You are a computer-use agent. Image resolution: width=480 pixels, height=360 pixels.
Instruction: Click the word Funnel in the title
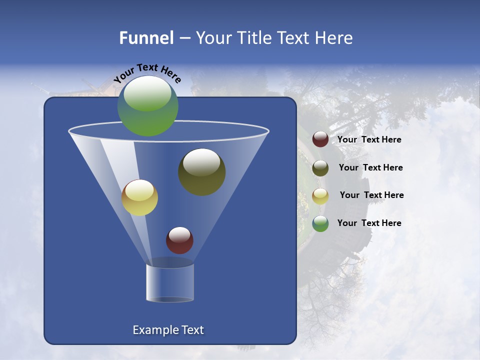(x=146, y=38)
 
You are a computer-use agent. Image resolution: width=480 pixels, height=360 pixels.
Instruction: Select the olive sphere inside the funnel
(x=202, y=172)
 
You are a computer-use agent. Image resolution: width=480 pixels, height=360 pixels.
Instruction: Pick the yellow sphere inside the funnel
(x=139, y=198)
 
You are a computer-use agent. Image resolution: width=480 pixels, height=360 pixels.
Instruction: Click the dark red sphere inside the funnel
(x=179, y=240)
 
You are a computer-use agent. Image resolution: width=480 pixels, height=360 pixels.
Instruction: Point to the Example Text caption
(x=168, y=330)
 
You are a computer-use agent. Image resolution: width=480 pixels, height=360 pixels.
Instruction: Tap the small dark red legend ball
(x=320, y=139)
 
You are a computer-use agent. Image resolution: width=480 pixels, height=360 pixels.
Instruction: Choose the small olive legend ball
(x=320, y=168)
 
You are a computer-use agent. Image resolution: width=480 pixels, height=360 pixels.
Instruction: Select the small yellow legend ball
(x=320, y=195)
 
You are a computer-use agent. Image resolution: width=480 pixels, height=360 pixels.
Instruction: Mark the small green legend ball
(x=320, y=223)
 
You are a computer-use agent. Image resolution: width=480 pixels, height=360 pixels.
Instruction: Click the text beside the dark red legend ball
(x=369, y=140)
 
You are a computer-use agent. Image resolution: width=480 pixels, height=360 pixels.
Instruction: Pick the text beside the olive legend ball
(x=370, y=167)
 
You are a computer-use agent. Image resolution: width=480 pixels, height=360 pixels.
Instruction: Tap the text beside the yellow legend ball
(x=371, y=195)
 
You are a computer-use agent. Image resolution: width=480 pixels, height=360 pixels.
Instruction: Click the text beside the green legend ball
(x=369, y=223)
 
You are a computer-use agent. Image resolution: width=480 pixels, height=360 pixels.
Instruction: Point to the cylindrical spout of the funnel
(x=170, y=282)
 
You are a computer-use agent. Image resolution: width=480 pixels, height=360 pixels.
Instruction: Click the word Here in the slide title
(x=334, y=38)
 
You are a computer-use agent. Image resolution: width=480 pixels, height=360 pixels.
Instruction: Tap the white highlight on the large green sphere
(x=147, y=93)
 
